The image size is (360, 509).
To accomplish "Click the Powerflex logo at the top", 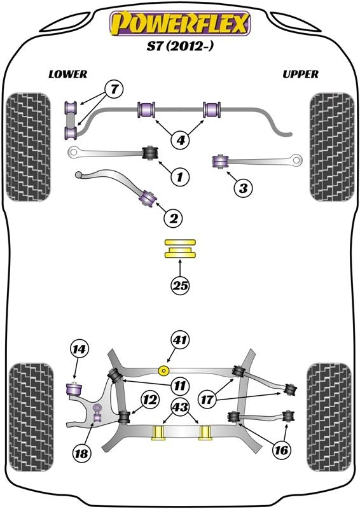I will pos(180,22).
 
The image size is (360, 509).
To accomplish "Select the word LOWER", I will pos(67,74).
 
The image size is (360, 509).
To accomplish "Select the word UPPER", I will pos(300,74).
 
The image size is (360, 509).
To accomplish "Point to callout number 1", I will pos(180,176).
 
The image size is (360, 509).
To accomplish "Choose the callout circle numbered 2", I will pos(173,218).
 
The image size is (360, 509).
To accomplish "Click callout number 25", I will pos(180,286).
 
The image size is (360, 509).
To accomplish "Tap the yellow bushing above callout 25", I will pos(180,249).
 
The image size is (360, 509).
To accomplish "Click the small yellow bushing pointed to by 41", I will pos(165,370).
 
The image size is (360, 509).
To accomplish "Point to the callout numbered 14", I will pos(80,349).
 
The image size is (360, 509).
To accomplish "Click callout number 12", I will pos(149,400).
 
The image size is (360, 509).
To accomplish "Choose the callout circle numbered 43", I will pos(180,406).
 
